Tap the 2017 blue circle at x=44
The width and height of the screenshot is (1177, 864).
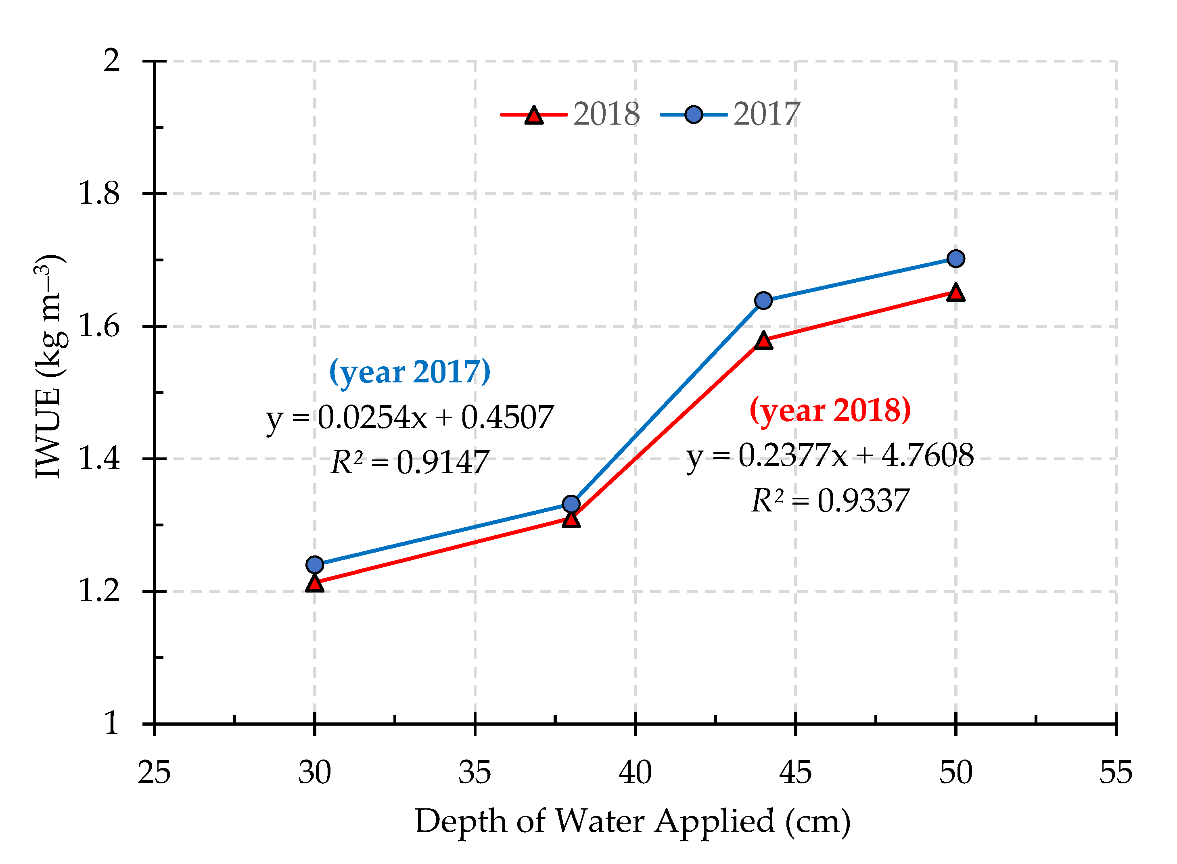763,301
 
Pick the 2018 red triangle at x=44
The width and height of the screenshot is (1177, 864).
763,341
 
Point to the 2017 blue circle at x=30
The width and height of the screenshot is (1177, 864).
314,565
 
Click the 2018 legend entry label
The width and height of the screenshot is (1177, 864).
606,114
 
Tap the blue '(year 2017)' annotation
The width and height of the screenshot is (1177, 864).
410,372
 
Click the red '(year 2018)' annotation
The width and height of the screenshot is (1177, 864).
830,410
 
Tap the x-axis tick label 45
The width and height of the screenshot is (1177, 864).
795,773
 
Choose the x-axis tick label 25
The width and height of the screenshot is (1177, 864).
154,773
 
